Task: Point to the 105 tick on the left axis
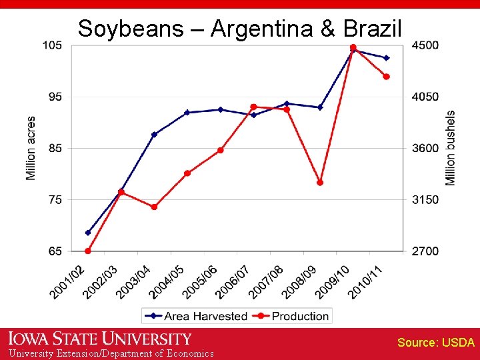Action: [53, 45]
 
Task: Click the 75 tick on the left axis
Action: [56, 200]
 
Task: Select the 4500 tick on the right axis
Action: [425, 45]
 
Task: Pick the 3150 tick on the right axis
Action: [425, 200]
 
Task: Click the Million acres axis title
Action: [31, 148]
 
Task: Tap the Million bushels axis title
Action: [451, 148]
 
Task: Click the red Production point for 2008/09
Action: [320, 182]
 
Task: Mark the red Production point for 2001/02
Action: [88, 251]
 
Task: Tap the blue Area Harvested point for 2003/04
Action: [154, 135]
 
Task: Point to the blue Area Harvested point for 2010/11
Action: [386, 58]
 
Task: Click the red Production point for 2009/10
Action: [353, 47]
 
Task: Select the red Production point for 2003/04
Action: [154, 207]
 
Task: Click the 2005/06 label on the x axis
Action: [201, 281]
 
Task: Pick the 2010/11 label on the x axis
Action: [367, 281]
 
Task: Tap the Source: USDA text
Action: [436, 343]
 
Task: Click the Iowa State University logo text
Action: [100, 339]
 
